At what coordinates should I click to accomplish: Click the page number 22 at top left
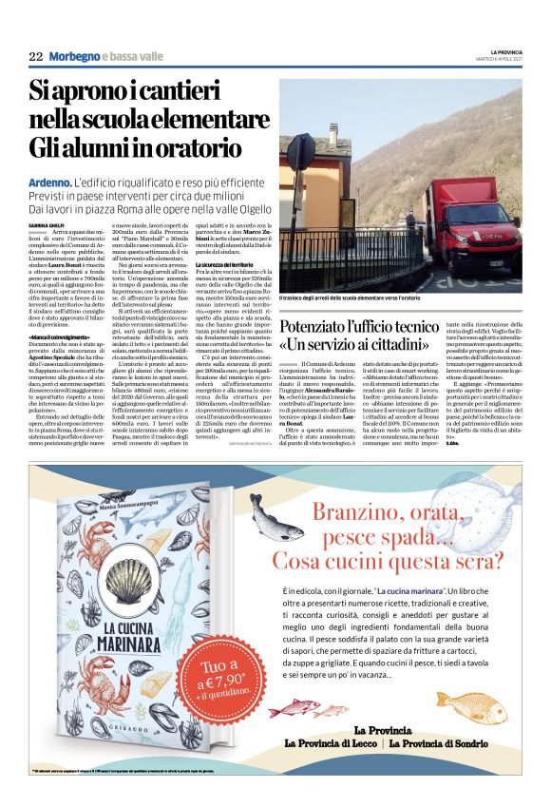(x=35, y=57)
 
